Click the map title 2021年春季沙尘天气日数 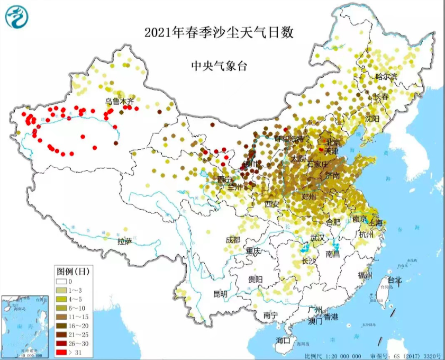(x=219, y=32)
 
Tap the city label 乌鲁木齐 (x=120, y=101)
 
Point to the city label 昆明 (x=220, y=294)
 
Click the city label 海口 (x=283, y=340)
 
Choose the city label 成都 (x=233, y=240)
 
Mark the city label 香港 (x=331, y=317)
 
